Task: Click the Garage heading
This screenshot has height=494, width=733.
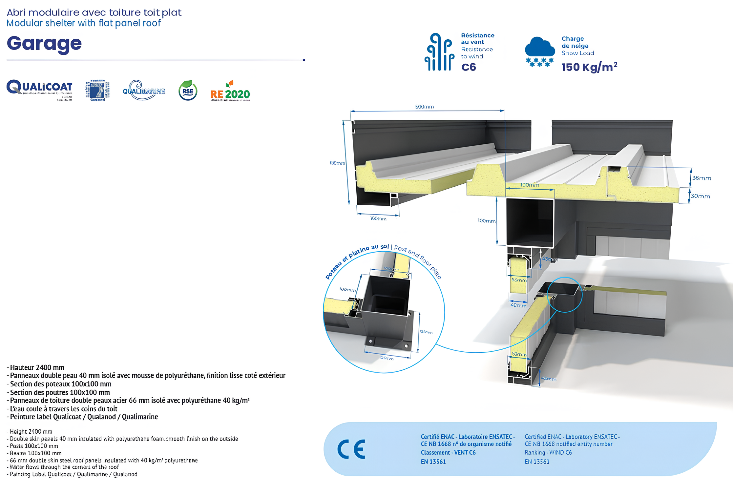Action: tap(44, 44)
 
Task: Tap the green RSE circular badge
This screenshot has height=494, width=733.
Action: tap(188, 91)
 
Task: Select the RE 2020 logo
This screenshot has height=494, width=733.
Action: tap(230, 92)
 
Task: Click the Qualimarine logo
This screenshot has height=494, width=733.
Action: tap(144, 90)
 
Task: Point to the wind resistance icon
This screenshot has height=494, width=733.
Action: tap(439, 52)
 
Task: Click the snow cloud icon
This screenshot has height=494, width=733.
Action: tap(540, 51)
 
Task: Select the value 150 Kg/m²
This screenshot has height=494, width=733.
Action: tap(589, 67)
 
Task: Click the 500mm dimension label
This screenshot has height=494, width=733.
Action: tap(424, 107)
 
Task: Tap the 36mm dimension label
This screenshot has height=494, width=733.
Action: tap(702, 178)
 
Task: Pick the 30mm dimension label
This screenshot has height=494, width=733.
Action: tap(700, 196)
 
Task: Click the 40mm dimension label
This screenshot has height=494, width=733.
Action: tap(518, 305)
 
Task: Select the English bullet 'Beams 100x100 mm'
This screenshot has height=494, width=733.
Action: tap(35, 453)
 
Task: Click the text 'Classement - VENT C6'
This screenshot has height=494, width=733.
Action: tap(448, 452)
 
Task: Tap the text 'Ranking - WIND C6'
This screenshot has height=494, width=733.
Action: tap(548, 452)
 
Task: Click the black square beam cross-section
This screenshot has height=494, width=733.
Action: tap(530, 222)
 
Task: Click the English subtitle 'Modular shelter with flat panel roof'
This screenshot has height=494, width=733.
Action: tap(84, 23)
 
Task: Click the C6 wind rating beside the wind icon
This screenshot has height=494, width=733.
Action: tap(469, 67)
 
